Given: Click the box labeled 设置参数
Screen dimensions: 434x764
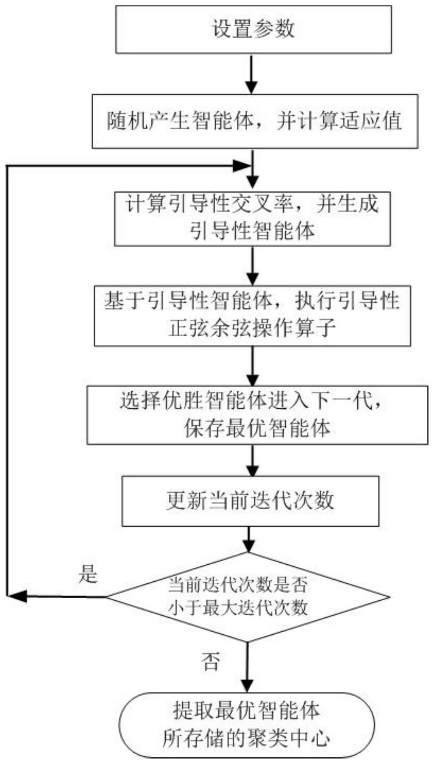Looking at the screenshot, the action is pos(253,29).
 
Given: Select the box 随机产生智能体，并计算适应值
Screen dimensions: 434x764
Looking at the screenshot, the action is pos(255,121).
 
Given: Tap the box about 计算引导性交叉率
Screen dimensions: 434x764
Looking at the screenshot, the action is pos(253,219).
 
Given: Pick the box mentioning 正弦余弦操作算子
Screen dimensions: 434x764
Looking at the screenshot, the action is pos(253,316).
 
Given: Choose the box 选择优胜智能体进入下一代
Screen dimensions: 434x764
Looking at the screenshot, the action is pos(257,415).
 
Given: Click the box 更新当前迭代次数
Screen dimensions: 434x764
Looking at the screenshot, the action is pos(250,501).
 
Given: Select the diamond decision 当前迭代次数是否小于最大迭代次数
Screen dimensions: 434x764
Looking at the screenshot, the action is pos(248,597).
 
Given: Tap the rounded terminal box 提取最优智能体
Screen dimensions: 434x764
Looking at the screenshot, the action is pos(247,725).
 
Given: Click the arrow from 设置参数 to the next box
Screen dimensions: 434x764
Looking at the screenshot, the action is pos(252,74).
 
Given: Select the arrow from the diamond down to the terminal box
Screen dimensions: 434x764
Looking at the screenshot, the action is pos(247,667).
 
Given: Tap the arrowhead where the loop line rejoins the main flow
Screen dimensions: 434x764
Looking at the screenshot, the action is pos(242,166).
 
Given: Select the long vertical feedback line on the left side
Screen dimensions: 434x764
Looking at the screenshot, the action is pos(7,381).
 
